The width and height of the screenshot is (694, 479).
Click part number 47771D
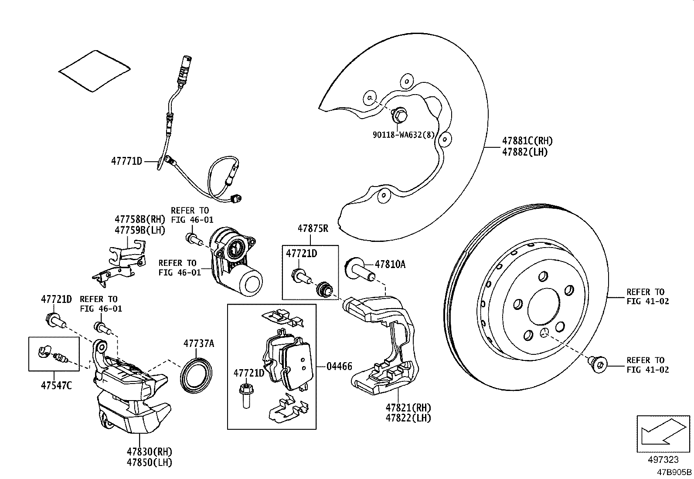[126, 161]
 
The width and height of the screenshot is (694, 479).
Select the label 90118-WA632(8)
[404, 135]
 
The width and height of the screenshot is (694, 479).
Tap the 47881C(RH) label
[527, 141]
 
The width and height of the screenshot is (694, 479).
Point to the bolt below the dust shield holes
[398, 114]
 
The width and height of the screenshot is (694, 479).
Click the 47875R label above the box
[313, 228]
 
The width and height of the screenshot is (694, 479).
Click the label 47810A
[390, 264]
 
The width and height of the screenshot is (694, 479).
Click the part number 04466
[339, 367]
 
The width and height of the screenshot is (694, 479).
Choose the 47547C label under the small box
[54, 386]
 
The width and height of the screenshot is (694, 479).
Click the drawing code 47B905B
[674, 472]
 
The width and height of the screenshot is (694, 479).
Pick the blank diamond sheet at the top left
[94, 71]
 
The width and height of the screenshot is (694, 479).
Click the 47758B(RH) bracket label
[139, 219]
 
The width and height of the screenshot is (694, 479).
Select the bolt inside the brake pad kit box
[246, 395]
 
